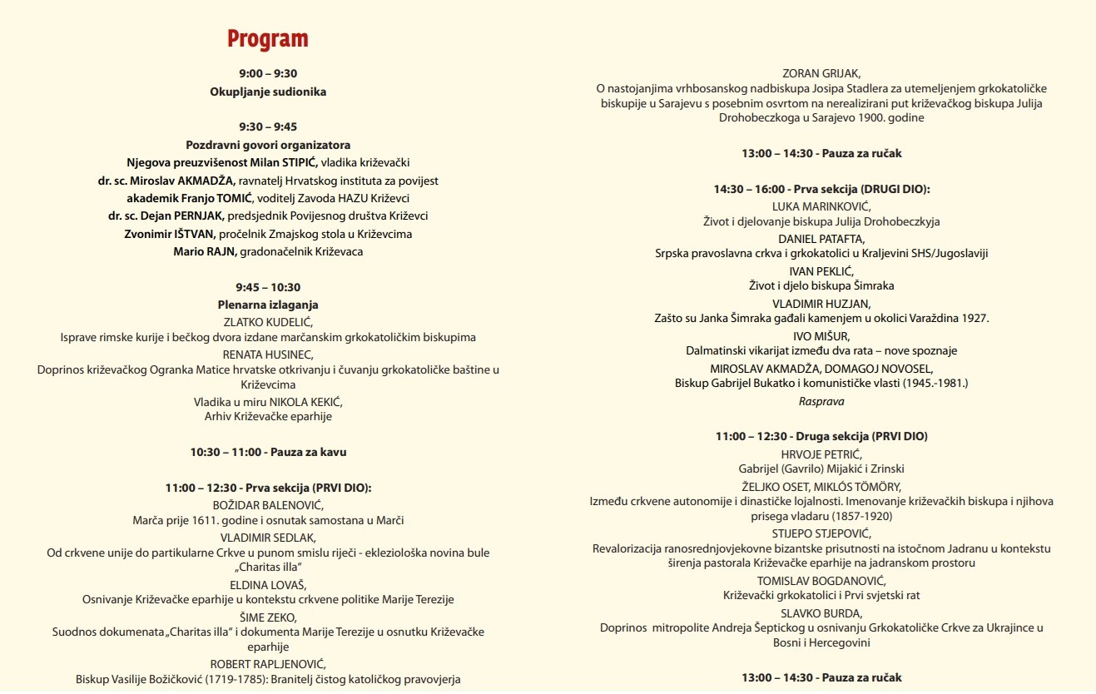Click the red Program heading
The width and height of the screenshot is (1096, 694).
pyautogui.click(x=268, y=39)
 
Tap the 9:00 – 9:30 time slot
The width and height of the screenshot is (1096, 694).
pyautogui.click(x=268, y=74)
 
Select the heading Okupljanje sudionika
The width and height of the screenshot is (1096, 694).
pyautogui.click(x=268, y=92)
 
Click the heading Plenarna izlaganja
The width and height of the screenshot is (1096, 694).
pyautogui.click(x=268, y=305)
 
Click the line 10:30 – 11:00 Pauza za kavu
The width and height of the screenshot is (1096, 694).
pyautogui.click(x=268, y=452)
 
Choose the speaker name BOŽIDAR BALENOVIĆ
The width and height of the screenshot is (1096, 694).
pyautogui.click(x=268, y=504)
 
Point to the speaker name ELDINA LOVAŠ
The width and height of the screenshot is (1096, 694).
pyautogui.click(x=268, y=584)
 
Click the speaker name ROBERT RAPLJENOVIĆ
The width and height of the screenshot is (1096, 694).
pyautogui.click(x=268, y=664)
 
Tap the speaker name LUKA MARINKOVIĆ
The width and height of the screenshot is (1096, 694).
pyautogui.click(x=821, y=206)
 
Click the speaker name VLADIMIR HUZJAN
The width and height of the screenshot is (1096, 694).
pyautogui.click(x=821, y=303)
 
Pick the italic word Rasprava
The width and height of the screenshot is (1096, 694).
pyautogui.click(x=821, y=401)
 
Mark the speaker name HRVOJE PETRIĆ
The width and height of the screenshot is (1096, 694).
pyautogui.click(x=821, y=454)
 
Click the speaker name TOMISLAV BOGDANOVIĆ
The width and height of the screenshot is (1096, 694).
pyautogui.click(x=821, y=580)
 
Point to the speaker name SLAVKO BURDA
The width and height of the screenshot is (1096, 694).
pyautogui.click(x=821, y=612)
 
